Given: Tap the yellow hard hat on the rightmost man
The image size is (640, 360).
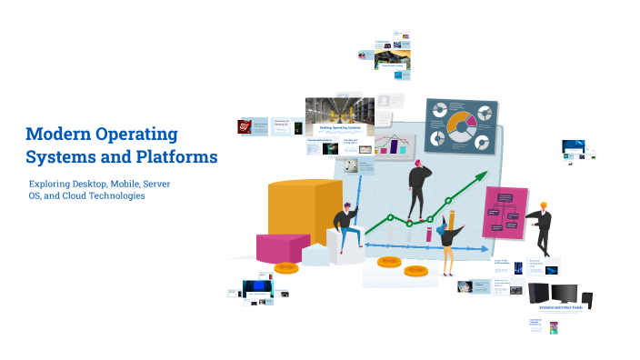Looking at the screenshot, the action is pos(544,205).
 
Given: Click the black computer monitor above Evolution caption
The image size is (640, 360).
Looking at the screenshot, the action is pos(565,293).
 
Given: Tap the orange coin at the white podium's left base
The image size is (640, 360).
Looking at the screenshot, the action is pos(287,267).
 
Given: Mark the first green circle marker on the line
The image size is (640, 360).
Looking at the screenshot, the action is pos(390,218).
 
